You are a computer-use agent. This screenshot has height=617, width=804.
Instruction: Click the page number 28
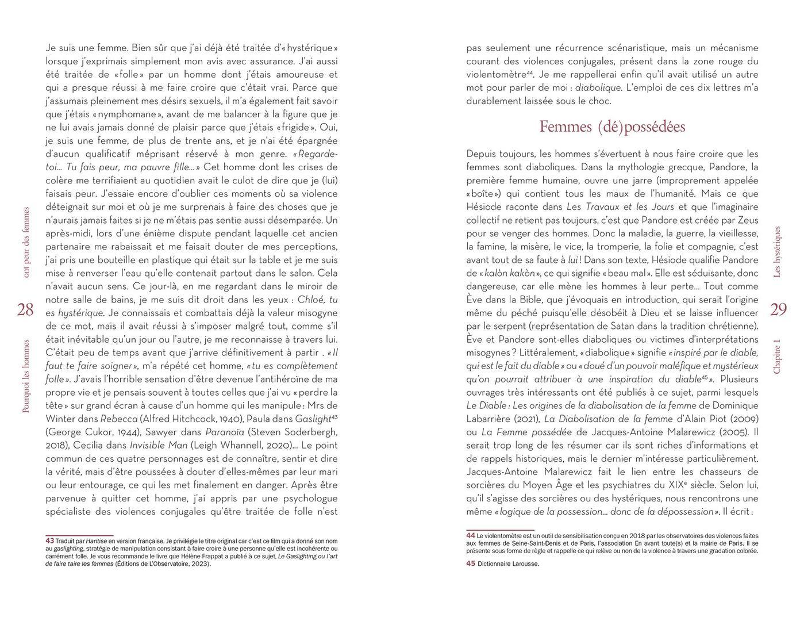[x=25, y=310]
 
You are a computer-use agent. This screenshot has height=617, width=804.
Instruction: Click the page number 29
[x=778, y=310]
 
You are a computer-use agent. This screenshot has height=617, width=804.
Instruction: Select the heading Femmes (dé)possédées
[x=612, y=127]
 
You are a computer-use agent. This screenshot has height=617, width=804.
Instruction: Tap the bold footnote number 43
[x=50, y=541]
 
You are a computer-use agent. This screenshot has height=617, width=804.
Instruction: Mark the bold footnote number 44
[x=471, y=535]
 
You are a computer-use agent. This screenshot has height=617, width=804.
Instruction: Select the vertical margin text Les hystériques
[x=778, y=252]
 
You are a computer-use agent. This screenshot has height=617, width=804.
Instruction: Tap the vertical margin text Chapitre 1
[x=778, y=357]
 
